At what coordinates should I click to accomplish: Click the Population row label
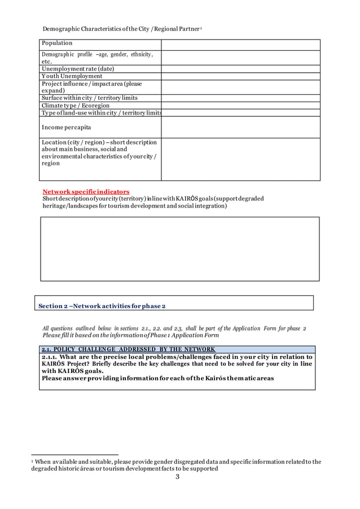pyautogui.click(x=57, y=43)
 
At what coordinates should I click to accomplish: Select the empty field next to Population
pyautogui.click(x=241, y=45)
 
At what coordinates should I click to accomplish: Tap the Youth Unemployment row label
pyautogui.click(x=72, y=76)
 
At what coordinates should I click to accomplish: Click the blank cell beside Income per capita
pyautogui.click(x=241, y=127)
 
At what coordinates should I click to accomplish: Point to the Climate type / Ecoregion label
pyautogui.click(x=76, y=106)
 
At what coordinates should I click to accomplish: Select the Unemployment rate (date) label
pyautogui.click(x=77, y=69)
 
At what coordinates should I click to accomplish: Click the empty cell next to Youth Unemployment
pyautogui.click(x=241, y=76)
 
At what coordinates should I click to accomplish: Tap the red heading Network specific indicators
pyautogui.click(x=86, y=192)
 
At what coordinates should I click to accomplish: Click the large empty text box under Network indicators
pyautogui.click(x=179, y=249)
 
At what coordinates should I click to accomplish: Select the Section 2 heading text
pyautogui.click(x=102, y=306)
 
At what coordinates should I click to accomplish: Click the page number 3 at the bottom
pyautogui.click(x=177, y=477)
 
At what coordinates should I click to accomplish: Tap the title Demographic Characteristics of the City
pyautogui.click(x=127, y=29)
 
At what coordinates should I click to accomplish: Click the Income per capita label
pyautogui.click(x=65, y=128)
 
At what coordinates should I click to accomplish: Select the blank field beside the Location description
pyautogui.click(x=241, y=159)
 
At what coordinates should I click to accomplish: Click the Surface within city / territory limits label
pyautogui.click(x=89, y=98)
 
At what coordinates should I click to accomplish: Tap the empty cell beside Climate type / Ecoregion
pyautogui.click(x=241, y=106)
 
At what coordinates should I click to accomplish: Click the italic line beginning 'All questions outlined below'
pyautogui.click(x=174, y=328)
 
